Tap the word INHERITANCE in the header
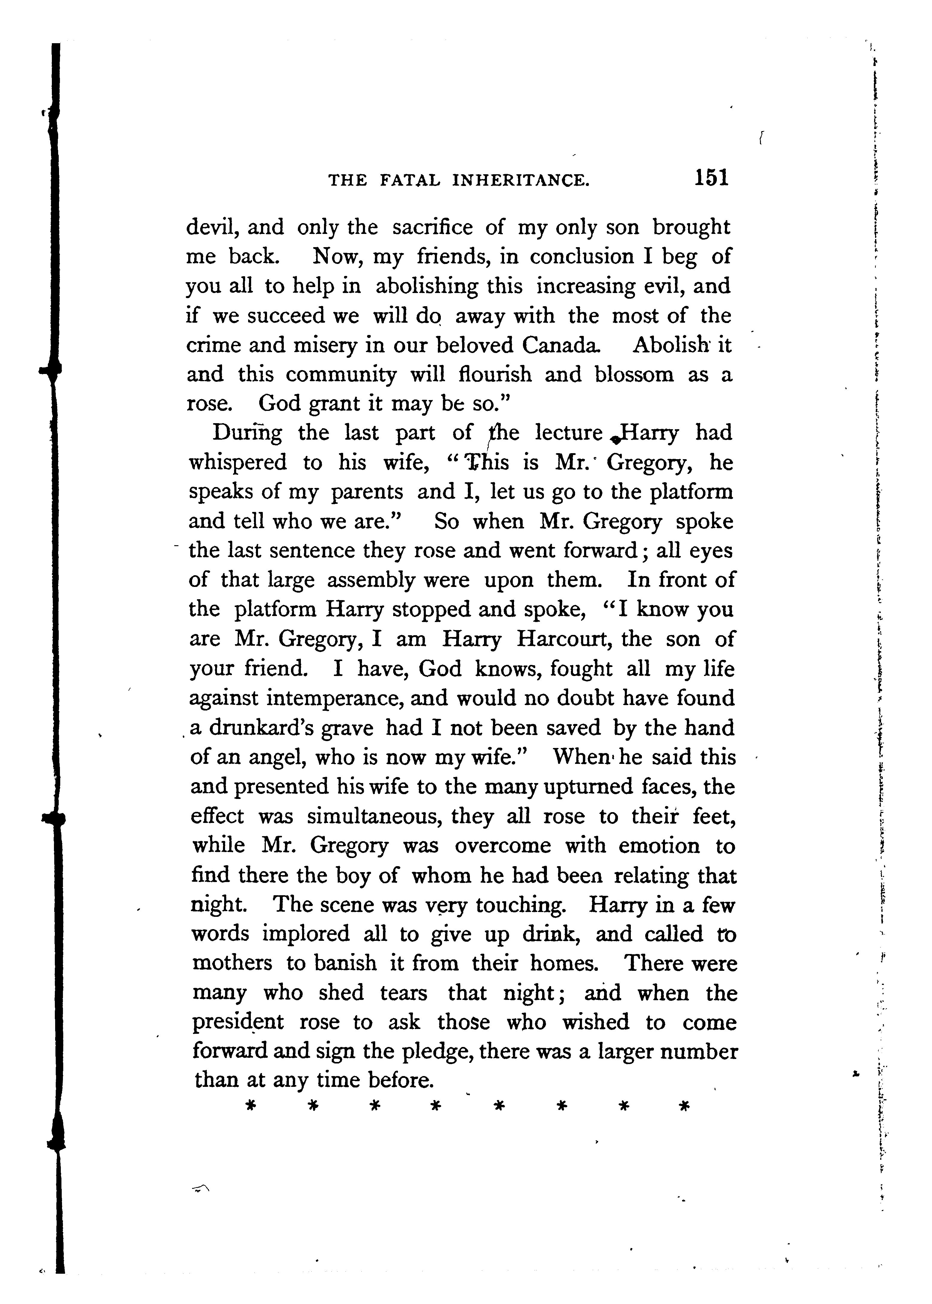(521, 181)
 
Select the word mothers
(232, 963)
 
